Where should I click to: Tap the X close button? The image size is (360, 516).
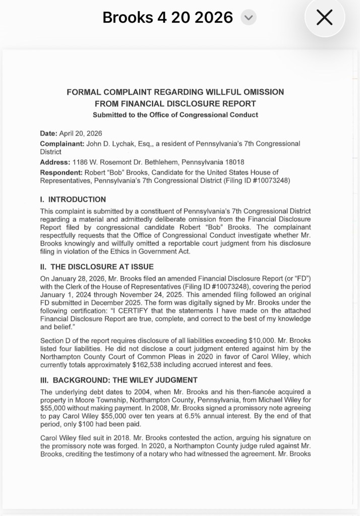(x=324, y=18)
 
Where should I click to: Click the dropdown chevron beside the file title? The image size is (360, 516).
(x=248, y=18)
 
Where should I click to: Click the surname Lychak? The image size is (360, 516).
(x=125, y=144)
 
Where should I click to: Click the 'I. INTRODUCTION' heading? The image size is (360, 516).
(x=73, y=200)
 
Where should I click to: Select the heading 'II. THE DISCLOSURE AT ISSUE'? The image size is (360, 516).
(x=96, y=267)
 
